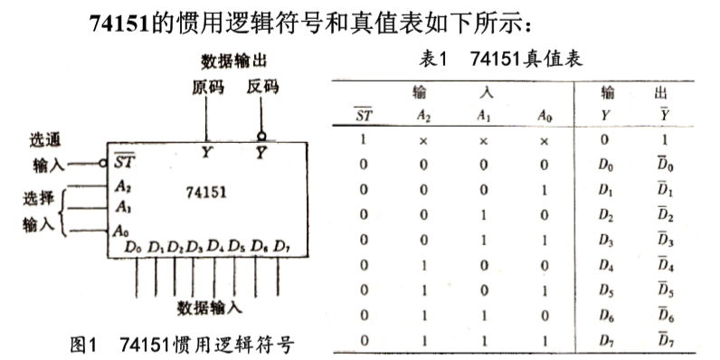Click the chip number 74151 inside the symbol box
(207, 192)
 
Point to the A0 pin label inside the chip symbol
(122, 231)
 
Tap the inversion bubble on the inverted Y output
(261, 135)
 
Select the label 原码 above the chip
(207, 88)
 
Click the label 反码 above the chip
(262, 88)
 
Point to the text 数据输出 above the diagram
(233, 62)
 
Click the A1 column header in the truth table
(483, 115)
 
